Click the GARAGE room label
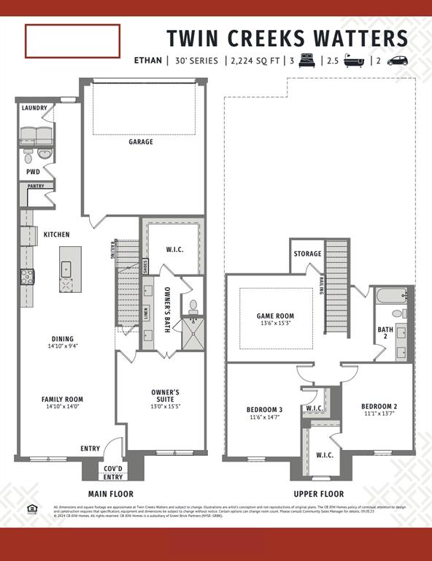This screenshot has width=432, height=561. coord(141,142)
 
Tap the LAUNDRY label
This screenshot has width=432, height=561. coord(34,108)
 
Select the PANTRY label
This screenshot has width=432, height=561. coord(35,186)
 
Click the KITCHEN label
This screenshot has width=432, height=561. coord(56,234)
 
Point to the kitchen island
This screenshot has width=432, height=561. coord(70,269)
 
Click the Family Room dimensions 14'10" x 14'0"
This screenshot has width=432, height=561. coord(62,407)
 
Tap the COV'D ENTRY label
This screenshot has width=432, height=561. coord(113,473)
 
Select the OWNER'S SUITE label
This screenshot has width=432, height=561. coord(165,396)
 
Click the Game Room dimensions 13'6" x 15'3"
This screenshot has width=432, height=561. coord(275,324)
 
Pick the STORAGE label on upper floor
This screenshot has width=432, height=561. coord(307,254)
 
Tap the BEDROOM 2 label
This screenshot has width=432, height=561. coord(379,406)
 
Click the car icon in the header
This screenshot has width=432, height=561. coord(398,61)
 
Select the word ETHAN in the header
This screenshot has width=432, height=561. coord(149,61)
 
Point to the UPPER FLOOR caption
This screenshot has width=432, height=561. coord(319,494)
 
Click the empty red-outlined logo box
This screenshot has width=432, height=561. coord(72,41)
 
